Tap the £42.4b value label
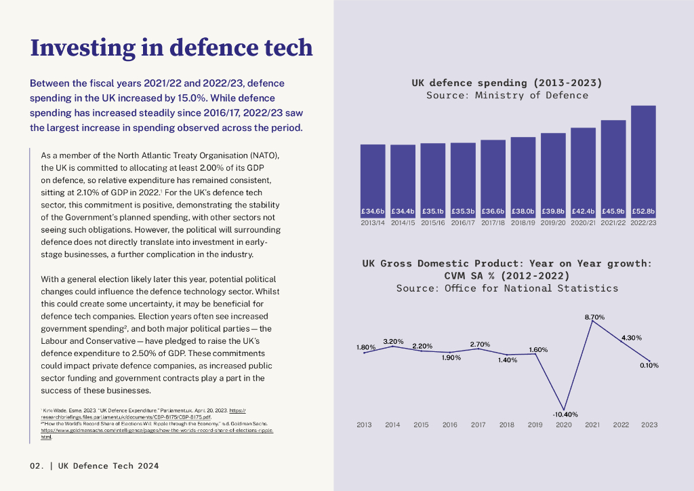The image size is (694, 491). point(583,211)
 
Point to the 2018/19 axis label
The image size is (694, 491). point(523,222)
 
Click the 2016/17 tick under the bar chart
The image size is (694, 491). point(463,222)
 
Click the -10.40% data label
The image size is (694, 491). point(565,414)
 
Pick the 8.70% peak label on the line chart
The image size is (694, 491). point(594,317)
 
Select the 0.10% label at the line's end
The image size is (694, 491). point(649,366)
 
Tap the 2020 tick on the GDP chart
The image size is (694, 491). point(564,425)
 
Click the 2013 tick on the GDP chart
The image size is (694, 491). point(365,425)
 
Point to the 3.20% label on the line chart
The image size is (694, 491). point(394,340)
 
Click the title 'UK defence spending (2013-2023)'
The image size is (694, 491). point(507,83)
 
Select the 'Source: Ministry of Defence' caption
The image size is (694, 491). point(507,96)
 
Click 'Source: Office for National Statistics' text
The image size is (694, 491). point(507,288)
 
